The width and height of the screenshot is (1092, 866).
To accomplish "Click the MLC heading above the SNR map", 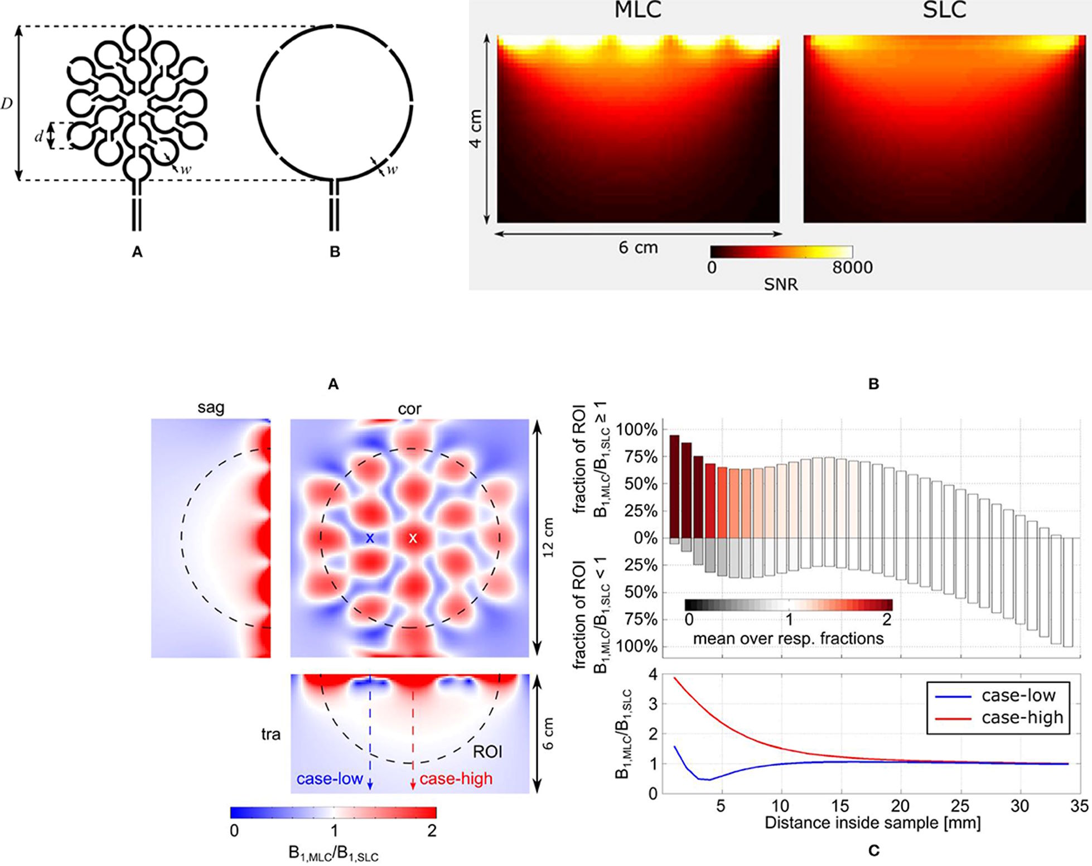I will coord(638,10).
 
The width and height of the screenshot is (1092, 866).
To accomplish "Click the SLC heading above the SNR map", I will coord(944,10).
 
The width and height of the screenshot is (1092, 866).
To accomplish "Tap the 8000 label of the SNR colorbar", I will coord(852,267).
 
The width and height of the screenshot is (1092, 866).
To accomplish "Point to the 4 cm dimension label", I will coord(476,128).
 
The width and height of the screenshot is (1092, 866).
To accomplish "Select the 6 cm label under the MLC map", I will coord(638,248).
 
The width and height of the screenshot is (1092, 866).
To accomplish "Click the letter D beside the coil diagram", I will coord(7,104).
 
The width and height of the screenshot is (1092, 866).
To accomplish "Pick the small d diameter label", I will coord(38,137).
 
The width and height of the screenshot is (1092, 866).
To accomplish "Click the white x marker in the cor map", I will coord(413,538).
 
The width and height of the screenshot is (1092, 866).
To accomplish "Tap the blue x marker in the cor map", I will coord(370,538).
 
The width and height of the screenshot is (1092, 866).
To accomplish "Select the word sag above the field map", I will coord(211,408).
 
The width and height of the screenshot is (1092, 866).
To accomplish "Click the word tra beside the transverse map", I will coord(270,734).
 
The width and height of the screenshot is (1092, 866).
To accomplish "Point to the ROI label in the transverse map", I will coord(487,752).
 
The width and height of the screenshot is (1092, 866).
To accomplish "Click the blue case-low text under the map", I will coord(330,778).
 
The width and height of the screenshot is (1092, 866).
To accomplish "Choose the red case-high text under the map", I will coord(456,778).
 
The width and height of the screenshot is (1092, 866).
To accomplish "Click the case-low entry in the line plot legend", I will coord(1018,695).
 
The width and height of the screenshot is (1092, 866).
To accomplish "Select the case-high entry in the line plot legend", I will coord(1022,718).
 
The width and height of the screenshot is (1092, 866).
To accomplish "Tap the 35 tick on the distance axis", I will coord(1079,806).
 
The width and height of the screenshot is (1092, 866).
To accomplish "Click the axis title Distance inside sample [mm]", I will coord(873,823).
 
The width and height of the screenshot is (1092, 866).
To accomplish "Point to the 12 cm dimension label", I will coord(549,538).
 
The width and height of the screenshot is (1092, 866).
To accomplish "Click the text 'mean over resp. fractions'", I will coord(788,638).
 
